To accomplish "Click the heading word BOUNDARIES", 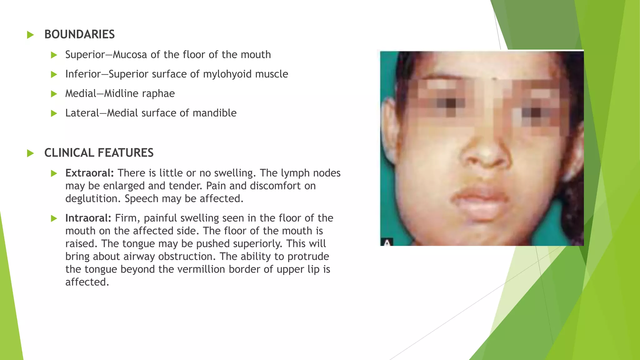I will coord(79,34).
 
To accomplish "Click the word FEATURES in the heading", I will coord(125,153).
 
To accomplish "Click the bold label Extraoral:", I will coord(89,173).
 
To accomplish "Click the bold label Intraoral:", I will coord(88,218).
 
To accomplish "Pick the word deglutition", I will coord(93,199).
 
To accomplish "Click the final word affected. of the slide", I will coord(87,282).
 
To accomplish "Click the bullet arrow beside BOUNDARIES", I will coord(30,35).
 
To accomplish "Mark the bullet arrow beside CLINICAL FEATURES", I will coord(30,153).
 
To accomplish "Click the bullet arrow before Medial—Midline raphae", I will coord(54,94).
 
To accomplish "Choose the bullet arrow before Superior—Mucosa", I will coord(54,55).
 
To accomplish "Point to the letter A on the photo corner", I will coord(387,242).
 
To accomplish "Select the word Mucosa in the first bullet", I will coord(130,55).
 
